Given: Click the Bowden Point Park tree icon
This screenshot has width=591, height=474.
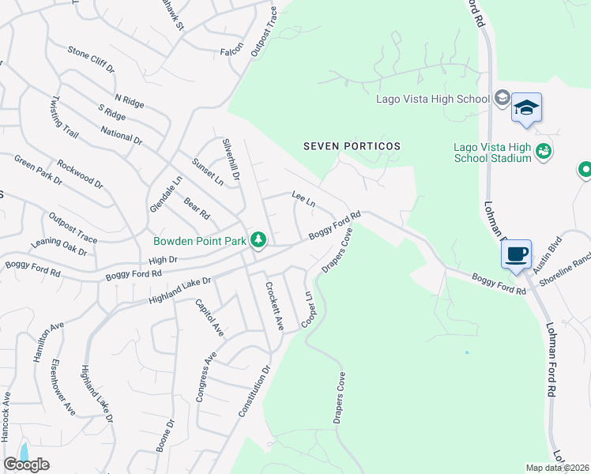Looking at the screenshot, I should (x=258, y=239).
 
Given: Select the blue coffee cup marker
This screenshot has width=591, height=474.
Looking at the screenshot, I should (x=516, y=254).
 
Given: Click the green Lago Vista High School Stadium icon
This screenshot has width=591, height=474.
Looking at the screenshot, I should (x=543, y=151).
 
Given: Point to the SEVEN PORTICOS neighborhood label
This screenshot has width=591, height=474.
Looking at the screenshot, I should (x=352, y=146).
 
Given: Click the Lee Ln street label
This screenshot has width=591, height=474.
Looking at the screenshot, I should (x=303, y=198).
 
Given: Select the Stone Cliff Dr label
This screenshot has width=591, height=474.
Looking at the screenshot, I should (x=91, y=59).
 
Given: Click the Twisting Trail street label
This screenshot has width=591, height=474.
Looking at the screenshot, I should (x=65, y=118).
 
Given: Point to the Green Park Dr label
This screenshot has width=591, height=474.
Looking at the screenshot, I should (x=38, y=170).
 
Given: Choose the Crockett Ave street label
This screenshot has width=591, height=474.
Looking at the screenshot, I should (x=274, y=306).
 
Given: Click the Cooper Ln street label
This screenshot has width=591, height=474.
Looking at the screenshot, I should (x=306, y=309).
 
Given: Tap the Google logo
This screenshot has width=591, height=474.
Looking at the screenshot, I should (x=27, y=465).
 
